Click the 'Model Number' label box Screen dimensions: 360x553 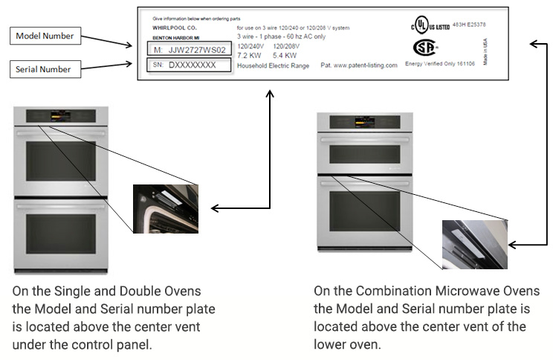point(45,35)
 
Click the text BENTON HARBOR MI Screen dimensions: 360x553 point(172,36)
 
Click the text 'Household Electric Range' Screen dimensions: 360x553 point(273,65)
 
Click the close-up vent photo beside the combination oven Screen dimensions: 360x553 point(474,244)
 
